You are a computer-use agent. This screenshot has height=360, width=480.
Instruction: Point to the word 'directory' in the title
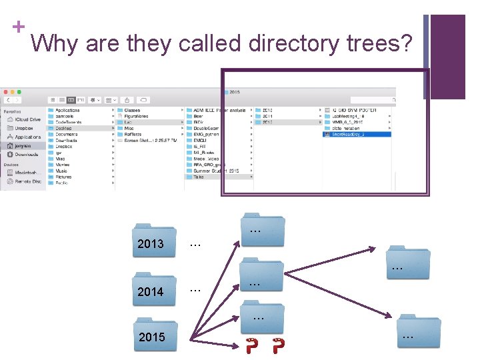pos(294,43)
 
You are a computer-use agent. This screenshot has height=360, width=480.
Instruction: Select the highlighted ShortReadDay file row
pos(357,134)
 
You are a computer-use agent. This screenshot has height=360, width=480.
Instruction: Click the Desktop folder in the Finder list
pos(64,128)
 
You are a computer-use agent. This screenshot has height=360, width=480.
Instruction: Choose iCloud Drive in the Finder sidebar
pos(27,119)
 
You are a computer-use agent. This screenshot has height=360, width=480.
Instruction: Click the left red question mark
pos(252,347)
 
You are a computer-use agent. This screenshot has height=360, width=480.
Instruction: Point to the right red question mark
pos(279,347)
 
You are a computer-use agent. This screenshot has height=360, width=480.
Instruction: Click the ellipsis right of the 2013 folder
pos(195,245)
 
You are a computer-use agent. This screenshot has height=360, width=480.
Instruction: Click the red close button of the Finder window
pos(4,91)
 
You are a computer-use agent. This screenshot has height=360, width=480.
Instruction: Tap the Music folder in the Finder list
pos(61,171)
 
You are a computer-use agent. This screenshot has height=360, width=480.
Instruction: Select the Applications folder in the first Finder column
pos(67,110)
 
